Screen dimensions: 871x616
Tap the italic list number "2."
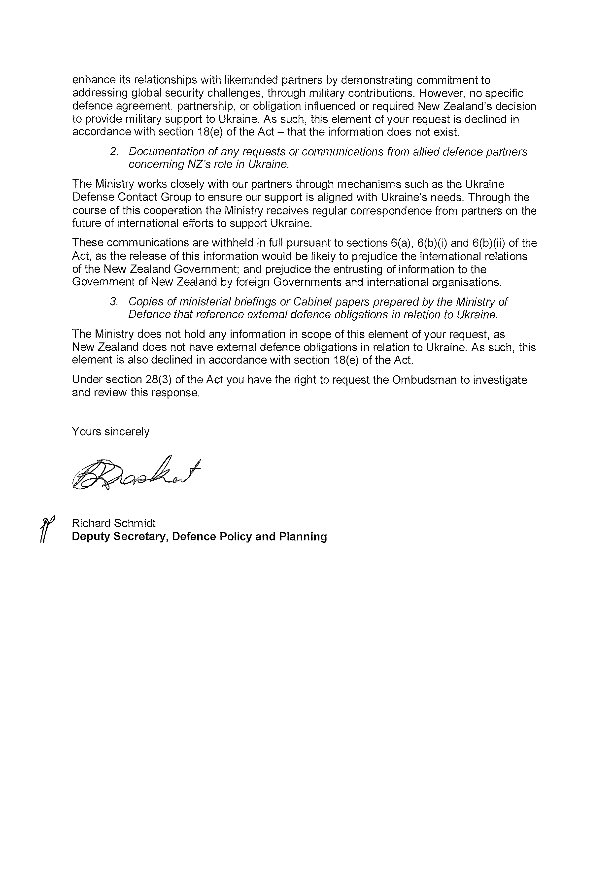[115, 152]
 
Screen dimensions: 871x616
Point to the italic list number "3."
[115, 302]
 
